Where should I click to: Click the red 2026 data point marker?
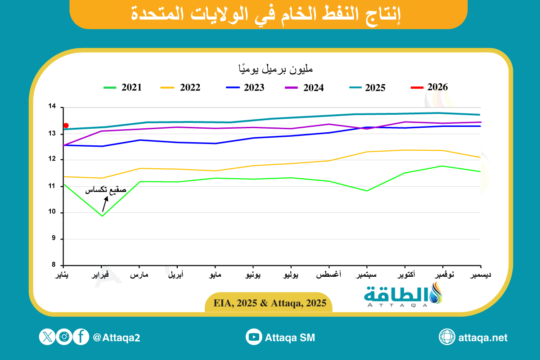(x=66, y=126)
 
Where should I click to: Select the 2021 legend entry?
(x=123, y=88)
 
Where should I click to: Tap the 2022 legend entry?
(x=180, y=88)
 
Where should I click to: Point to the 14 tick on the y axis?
(x=53, y=107)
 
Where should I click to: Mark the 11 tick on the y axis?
(x=53, y=186)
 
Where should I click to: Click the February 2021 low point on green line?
(x=102, y=216)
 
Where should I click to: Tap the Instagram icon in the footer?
(x=64, y=337)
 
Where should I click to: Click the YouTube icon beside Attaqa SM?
(x=254, y=337)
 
